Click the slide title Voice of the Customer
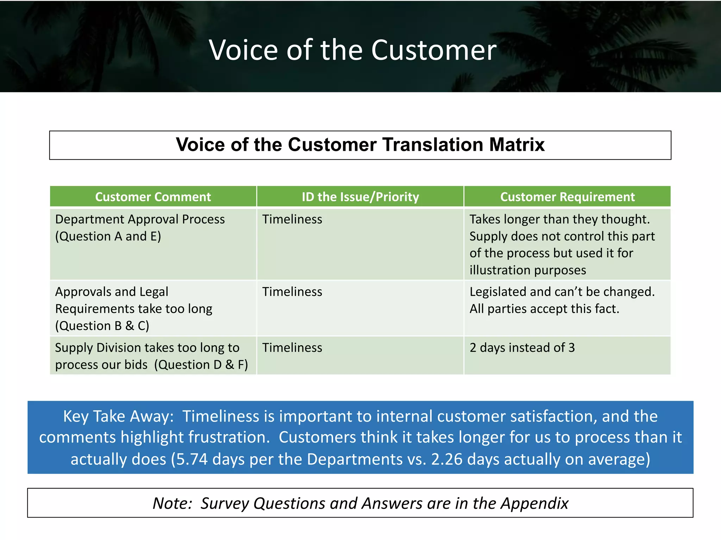click(352, 50)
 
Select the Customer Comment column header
click(153, 197)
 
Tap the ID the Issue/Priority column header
click(360, 197)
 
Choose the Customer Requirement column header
click(567, 197)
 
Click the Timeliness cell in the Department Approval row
click(292, 219)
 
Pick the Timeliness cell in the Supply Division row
click(292, 348)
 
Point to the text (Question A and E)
click(108, 236)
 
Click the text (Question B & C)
click(102, 326)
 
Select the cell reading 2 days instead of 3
click(522, 348)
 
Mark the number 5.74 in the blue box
click(192, 459)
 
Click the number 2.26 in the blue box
click(446, 459)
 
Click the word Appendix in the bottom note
click(534, 503)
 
